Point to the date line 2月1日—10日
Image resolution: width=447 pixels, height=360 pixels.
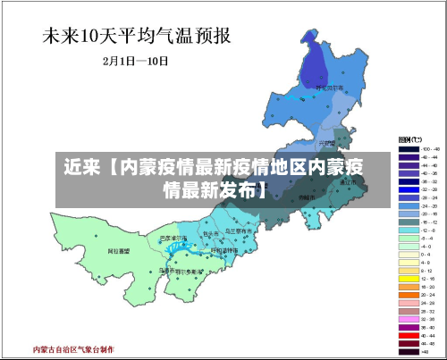[137, 63]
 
